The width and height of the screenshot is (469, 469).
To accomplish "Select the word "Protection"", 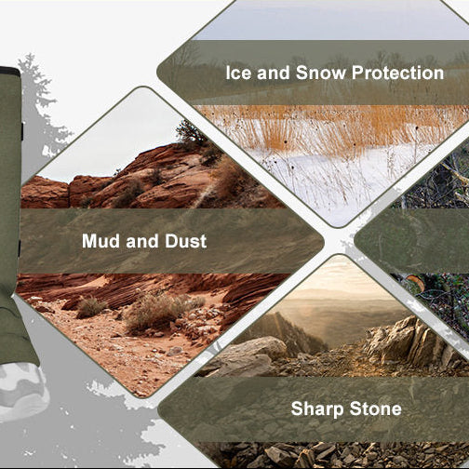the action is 397,74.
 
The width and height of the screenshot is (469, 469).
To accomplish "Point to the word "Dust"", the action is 186,241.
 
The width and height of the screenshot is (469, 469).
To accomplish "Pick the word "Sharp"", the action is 317,409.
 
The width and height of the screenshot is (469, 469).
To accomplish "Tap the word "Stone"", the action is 376,409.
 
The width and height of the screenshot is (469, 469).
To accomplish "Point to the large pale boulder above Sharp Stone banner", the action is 248,355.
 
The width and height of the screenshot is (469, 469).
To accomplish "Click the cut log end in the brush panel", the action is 415,282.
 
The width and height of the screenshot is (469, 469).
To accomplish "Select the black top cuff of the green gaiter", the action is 9,72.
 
